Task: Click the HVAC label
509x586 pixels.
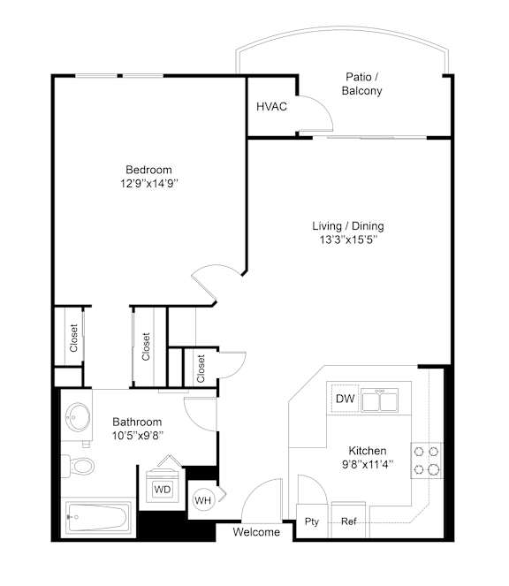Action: (271, 107)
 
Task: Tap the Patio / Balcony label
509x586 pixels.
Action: (361, 84)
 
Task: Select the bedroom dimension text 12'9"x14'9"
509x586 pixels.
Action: (148, 184)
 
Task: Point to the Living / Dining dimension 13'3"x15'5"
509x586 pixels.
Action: (348, 240)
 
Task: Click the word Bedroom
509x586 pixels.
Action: (148, 170)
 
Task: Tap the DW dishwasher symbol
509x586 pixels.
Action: (345, 399)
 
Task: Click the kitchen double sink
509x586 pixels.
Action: (379, 400)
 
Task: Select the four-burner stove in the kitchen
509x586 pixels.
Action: (427, 460)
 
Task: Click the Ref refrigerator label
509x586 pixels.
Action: (349, 521)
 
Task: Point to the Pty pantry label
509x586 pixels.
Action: (312, 521)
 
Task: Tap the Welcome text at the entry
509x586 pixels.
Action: (256, 532)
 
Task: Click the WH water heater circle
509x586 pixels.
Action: (203, 500)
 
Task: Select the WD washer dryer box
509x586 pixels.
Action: (163, 490)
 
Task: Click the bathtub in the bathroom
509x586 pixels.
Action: (98, 517)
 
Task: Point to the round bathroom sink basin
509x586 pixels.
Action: (78, 416)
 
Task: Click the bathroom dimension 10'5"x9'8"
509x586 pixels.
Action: (138, 436)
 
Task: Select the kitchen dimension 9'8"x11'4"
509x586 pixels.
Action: (368, 465)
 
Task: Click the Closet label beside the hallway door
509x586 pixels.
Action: (201, 369)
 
